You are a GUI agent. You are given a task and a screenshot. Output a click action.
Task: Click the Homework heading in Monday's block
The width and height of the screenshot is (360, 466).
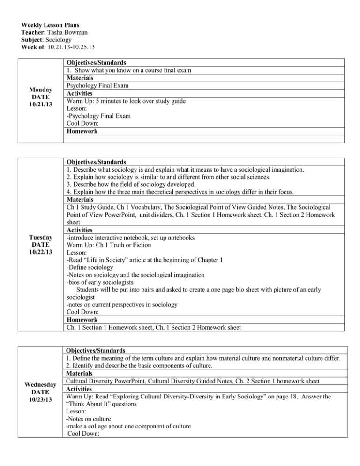click(82, 131)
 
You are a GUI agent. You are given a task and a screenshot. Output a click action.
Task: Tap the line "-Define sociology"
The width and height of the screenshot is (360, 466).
click(89, 274)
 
